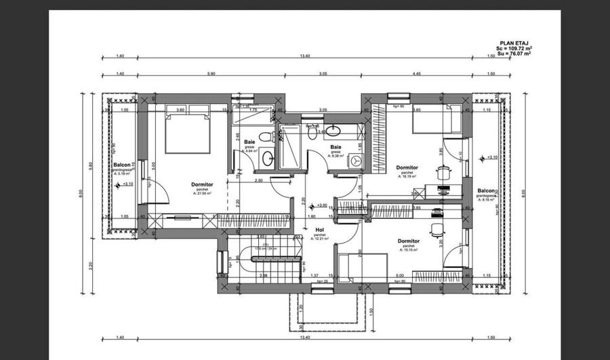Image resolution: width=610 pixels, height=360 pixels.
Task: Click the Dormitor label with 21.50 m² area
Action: coord(202,184)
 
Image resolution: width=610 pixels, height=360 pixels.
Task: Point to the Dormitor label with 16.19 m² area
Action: coord(407,167)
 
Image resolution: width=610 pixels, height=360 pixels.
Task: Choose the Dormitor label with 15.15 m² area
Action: coord(408,241)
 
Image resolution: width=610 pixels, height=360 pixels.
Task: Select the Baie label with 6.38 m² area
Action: coord(335,147)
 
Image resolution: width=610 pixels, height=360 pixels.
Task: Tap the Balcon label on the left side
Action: coord(122,165)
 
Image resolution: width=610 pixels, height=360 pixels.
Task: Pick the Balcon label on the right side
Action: coord(485,191)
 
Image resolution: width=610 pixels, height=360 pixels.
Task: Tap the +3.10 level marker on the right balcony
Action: coord(483,158)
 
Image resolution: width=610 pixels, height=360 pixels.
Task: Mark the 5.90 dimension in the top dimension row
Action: coord(211,73)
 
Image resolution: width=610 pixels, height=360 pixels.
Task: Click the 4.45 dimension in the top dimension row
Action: coord(417,73)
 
